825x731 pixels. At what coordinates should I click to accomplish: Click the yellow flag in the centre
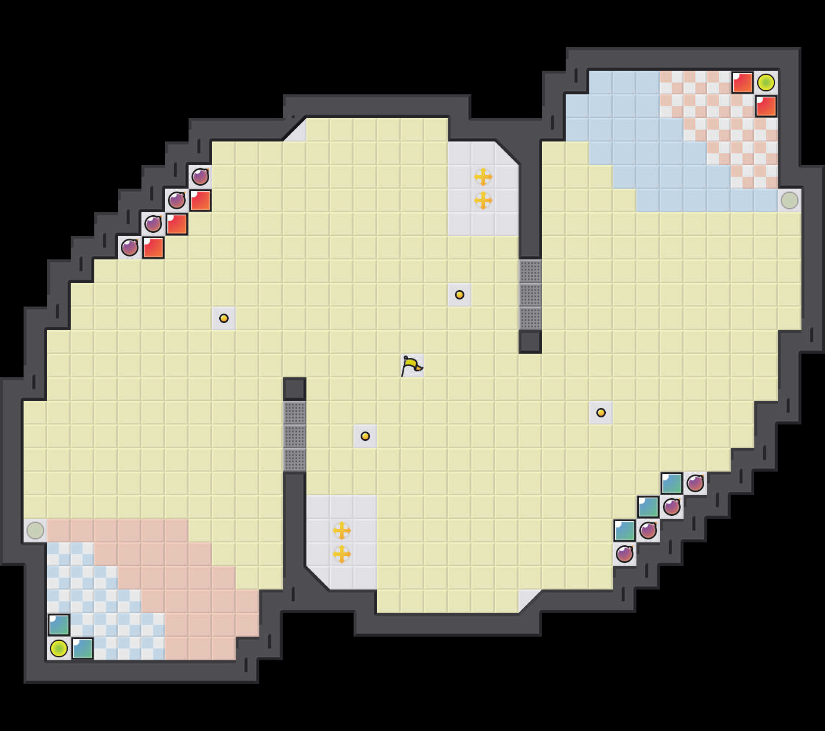click(x=412, y=366)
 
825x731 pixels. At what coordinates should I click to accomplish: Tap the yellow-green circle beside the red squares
click(x=766, y=83)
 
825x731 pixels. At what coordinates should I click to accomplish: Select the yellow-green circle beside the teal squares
click(x=59, y=648)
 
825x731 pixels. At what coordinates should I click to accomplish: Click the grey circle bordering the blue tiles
click(x=790, y=200)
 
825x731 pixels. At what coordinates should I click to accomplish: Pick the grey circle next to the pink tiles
click(x=35, y=531)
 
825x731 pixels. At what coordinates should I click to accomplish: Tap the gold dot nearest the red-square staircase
click(x=224, y=318)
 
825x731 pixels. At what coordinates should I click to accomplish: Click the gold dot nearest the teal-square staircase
click(x=601, y=413)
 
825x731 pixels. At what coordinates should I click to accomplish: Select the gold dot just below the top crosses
click(x=460, y=295)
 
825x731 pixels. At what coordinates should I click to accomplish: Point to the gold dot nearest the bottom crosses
click(x=365, y=436)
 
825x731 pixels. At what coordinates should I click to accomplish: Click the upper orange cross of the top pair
click(x=483, y=177)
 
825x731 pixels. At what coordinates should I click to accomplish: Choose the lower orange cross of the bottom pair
click(x=342, y=554)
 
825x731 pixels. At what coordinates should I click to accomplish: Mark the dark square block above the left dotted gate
click(x=295, y=389)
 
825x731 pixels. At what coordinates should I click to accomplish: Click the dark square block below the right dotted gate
click(x=530, y=342)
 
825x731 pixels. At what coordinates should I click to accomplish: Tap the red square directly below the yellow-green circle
click(x=766, y=106)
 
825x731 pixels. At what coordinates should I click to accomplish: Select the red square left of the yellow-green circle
click(x=742, y=83)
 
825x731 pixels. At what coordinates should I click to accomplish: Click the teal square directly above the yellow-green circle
click(x=59, y=625)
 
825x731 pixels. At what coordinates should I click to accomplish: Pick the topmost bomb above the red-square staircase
click(x=200, y=177)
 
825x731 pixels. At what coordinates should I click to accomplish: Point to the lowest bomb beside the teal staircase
click(x=625, y=554)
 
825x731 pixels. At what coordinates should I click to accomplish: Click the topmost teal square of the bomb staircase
click(x=672, y=483)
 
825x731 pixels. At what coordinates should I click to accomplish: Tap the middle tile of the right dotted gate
click(x=530, y=295)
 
